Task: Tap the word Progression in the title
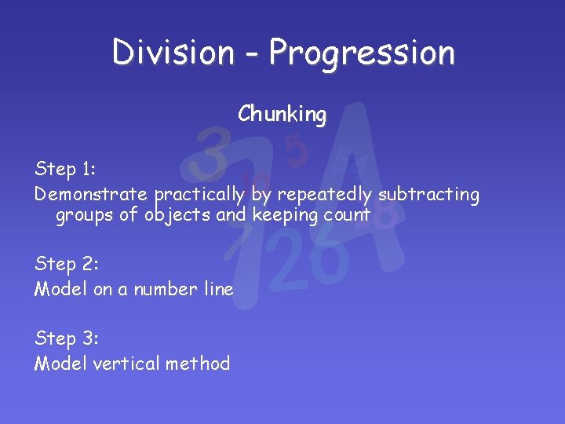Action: pyautogui.click(x=361, y=53)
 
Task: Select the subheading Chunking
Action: pyautogui.click(x=282, y=115)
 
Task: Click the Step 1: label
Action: pyautogui.click(x=66, y=169)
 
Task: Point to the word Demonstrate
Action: pyautogui.click(x=91, y=194)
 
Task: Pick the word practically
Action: pyautogui.click(x=200, y=194)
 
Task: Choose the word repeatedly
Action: pyautogui.click(x=325, y=194)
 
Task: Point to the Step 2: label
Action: pyautogui.click(x=67, y=264)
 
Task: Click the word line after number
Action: pyautogui.click(x=218, y=289)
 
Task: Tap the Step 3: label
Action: pyautogui.click(x=67, y=338)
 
